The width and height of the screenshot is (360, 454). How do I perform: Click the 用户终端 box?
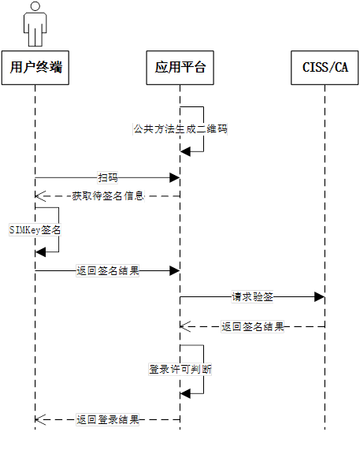tap(35, 67)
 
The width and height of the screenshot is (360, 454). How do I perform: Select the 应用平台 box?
tap(180, 67)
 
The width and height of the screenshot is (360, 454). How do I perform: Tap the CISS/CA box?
tap(325, 67)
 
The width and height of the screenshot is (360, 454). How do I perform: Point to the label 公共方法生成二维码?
tap(180, 128)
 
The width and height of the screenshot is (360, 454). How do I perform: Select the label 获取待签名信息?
tap(108, 195)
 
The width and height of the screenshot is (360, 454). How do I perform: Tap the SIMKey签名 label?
tap(35, 229)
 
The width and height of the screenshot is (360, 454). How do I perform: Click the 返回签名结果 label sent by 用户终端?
tap(108, 270)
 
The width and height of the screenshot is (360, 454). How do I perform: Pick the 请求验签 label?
tap(252, 296)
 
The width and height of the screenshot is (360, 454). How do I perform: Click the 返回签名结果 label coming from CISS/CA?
tap(252, 326)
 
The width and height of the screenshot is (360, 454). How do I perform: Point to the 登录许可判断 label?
tap(180, 368)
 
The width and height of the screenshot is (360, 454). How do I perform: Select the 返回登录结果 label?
tap(108, 419)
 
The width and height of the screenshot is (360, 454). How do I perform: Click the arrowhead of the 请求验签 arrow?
tap(320, 296)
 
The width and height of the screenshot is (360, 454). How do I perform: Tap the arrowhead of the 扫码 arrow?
tap(175, 178)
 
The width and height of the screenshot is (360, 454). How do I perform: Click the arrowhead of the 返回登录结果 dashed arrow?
tap(39, 419)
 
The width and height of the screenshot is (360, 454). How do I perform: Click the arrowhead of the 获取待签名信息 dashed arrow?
tap(39, 195)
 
